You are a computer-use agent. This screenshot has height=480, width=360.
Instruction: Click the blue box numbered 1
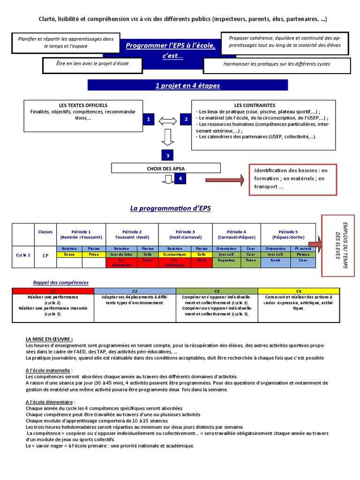148,120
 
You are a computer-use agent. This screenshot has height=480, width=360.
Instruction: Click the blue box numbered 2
186,120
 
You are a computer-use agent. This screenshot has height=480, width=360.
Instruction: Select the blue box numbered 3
167,156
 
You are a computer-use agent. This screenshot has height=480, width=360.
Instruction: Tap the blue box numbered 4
180,178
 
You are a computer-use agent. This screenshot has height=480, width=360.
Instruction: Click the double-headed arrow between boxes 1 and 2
167,120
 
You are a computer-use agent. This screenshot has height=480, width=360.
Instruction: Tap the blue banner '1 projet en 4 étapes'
187,86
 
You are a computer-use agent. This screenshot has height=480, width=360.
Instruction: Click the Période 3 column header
185,234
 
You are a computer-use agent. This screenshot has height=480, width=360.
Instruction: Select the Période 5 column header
288,234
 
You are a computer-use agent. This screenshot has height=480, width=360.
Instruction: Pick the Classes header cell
45,232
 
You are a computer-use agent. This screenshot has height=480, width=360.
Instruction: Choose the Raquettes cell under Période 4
226,260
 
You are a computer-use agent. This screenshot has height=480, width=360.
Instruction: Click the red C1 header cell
52,291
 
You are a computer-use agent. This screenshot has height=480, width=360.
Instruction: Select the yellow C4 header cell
299,291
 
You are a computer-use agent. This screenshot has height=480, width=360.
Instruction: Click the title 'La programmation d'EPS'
170,208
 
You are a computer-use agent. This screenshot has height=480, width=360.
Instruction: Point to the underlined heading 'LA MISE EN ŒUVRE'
49,339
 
